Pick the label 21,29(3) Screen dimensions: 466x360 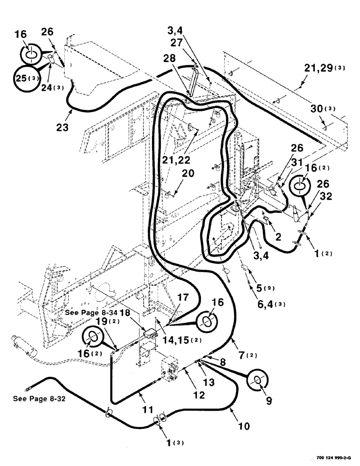(x=326, y=69)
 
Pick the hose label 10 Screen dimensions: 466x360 (x=244, y=426)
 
